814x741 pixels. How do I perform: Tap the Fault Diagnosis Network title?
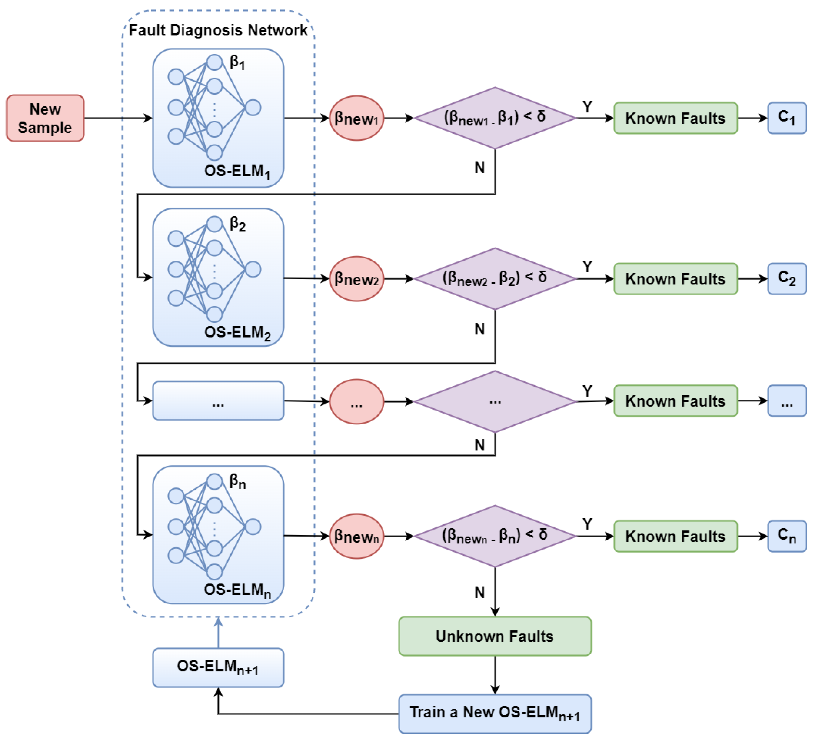218,30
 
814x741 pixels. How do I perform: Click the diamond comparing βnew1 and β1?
495,118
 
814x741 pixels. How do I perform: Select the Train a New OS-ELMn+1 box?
495,714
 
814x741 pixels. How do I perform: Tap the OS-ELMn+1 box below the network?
218,667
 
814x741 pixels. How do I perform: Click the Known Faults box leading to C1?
675,118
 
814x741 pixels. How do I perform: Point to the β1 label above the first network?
237,63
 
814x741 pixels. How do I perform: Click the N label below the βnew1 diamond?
479,167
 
